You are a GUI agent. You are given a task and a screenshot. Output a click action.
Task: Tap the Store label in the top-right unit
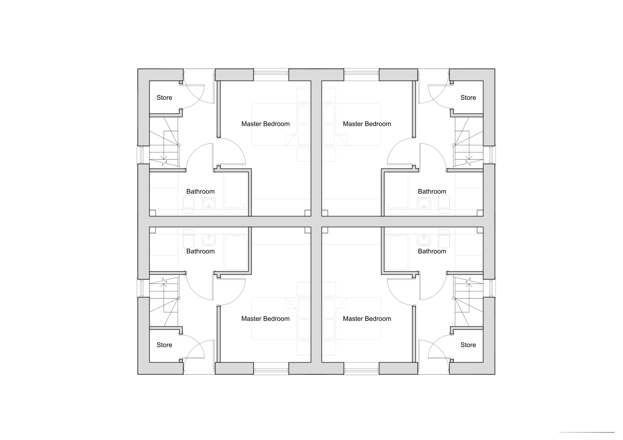click(x=468, y=98)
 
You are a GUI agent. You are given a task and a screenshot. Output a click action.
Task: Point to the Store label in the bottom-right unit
click(x=468, y=345)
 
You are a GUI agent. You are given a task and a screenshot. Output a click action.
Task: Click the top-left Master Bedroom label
click(x=265, y=124)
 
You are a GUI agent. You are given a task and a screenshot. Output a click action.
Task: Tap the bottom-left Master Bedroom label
click(x=265, y=319)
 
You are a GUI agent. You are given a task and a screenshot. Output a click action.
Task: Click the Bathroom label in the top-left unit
click(x=200, y=191)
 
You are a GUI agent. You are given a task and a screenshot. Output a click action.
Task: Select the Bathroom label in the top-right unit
click(x=432, y=191)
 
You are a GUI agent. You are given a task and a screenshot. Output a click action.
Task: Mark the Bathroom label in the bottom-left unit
click(x=200, y=251)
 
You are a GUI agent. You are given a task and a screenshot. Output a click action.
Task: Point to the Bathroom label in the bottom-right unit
click(x=432, y=251)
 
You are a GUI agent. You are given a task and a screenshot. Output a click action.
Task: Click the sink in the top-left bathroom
click(x=209, y=203)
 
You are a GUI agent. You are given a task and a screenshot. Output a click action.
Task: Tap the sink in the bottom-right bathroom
click(x=424, y=240)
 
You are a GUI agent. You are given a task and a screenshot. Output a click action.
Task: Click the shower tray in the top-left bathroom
click(x=236, y=191)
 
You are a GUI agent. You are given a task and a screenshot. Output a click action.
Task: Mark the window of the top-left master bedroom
click(x=271, y=73)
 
